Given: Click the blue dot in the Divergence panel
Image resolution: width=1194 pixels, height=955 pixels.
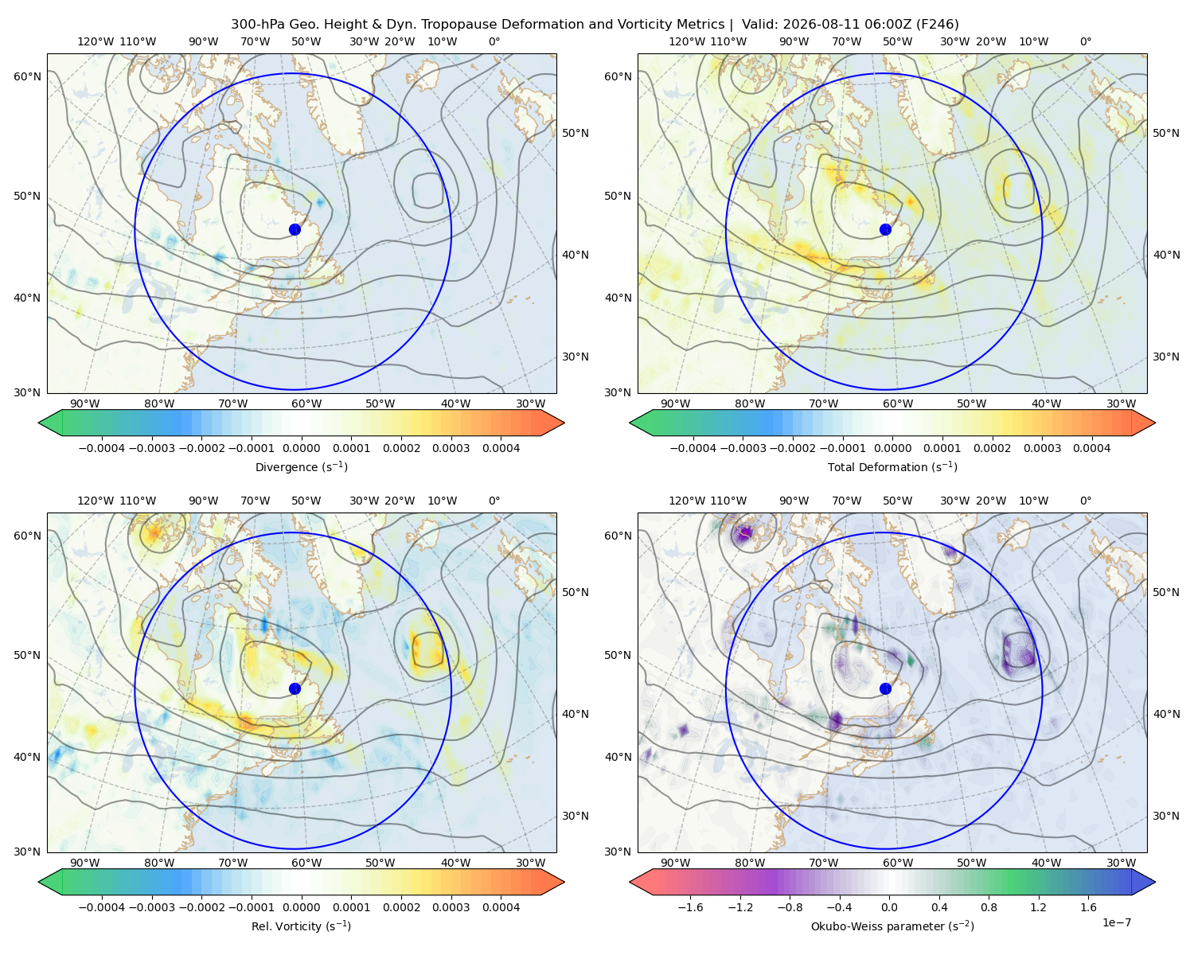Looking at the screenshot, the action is (x=295, y=229).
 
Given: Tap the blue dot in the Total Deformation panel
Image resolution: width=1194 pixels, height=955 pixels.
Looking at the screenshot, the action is (x=885, y=229).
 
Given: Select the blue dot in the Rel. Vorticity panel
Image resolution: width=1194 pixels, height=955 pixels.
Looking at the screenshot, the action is (x=295, y=688).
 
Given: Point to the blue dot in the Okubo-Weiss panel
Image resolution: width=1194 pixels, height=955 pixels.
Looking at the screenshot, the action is (x=885, y=688).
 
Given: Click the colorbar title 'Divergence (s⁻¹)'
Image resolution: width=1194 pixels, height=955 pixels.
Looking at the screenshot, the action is (x=301, y=466).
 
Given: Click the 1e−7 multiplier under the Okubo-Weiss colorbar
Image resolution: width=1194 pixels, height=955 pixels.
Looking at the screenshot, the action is (x=1116, y=922).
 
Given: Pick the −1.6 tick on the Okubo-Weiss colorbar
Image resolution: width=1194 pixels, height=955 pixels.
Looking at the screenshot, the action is (x=690, y=907).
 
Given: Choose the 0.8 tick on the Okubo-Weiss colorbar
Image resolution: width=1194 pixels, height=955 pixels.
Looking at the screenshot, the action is (x=989, y=907).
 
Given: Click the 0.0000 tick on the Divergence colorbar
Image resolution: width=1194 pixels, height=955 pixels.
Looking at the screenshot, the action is (x=301, y=448).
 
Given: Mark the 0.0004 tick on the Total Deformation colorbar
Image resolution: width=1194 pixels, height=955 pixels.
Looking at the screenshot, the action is (x=1091, y=448).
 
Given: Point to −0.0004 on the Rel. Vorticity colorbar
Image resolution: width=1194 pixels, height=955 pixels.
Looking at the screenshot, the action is (x=102, y=907).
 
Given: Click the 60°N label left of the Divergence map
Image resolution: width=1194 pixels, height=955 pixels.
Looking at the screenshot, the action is (x=27, y=76).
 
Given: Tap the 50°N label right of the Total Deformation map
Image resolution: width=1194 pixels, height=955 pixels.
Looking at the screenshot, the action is (x=1165, y=133).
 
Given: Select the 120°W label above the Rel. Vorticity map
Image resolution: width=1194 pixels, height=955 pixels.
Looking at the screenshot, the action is (x=96, y=501).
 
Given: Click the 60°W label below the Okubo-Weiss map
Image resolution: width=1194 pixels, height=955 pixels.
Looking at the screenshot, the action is (x=897, y=863).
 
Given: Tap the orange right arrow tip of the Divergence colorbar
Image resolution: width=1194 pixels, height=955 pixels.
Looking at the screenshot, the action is (x=564, y=423).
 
